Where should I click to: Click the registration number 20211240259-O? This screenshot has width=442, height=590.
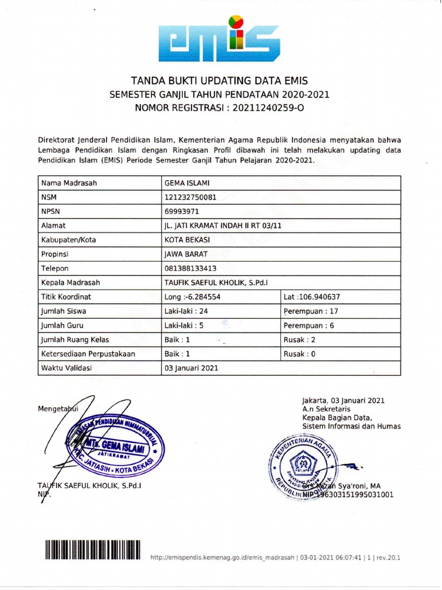[268, 107]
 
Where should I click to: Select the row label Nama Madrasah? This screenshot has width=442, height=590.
[68, 183]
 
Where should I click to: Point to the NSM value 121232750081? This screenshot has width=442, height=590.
[190, 198]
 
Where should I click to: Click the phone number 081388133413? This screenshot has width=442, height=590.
[191, 268]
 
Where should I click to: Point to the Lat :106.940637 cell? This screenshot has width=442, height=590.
[311, 297]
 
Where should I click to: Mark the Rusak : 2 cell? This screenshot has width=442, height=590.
[300, 339]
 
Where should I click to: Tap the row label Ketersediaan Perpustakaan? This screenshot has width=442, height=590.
[88, 354]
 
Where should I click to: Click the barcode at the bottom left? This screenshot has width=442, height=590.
[92, 550]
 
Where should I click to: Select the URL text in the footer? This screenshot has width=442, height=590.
[222, 558]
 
